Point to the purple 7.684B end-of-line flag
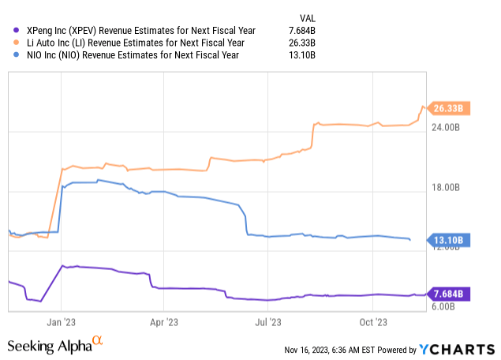[451, 294]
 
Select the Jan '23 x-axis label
[62, 322]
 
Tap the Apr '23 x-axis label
[163, 322]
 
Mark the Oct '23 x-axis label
[373, 322]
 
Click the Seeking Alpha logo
[54, 345]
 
